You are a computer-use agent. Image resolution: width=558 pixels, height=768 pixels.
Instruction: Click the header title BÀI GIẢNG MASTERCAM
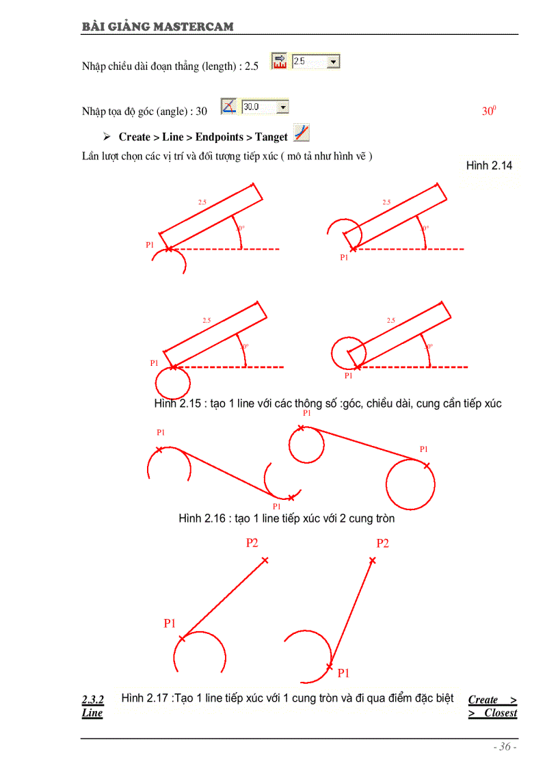coord(157,27)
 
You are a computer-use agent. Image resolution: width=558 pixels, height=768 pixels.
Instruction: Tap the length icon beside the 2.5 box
coord(280,62)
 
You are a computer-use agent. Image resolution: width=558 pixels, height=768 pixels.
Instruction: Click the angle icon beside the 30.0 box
coord(229,107)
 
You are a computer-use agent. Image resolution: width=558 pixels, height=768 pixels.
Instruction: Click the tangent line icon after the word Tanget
coord(301,133)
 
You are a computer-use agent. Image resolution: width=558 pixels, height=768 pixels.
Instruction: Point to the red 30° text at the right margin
coord(488,111)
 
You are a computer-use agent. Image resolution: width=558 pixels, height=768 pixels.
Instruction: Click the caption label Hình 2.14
coord(489,165)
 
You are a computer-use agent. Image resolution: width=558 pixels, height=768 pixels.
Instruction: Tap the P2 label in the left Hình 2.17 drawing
coord(252,543)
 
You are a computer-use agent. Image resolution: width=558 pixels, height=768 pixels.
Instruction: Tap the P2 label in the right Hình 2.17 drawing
coord(382,544)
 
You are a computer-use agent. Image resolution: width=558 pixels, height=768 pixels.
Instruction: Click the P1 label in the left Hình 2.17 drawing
coord(170,623)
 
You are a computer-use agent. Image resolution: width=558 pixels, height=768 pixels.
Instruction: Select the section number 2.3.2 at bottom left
coord(92,700)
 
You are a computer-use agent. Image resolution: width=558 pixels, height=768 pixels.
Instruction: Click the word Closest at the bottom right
coord(501,713)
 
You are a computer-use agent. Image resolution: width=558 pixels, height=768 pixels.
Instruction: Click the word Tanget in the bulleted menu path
coord(271,137)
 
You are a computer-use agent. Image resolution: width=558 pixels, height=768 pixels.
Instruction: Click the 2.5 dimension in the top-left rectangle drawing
coord(202,202)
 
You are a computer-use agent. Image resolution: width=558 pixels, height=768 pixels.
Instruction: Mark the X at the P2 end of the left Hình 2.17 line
coord(265,560)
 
